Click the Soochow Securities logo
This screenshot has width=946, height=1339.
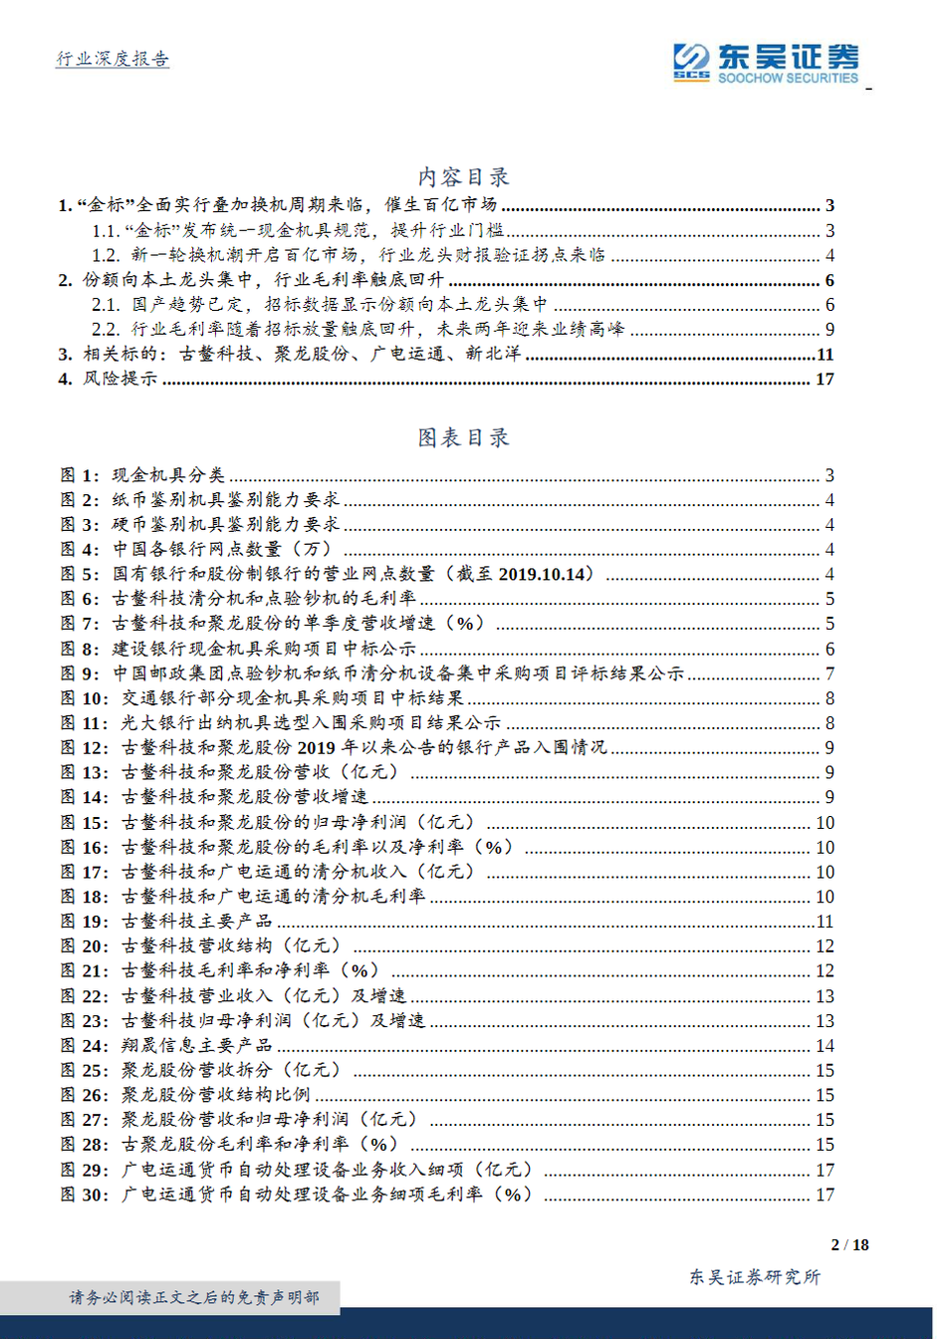(765, 62)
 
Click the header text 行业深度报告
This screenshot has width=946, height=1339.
(113, 59)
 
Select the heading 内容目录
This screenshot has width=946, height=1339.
(463, 177)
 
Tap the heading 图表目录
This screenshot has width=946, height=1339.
(463, 437)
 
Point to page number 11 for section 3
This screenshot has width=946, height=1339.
(825, 355)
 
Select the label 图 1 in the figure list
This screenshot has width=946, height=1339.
(80, 475)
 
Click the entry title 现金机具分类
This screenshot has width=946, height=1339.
(168, 475)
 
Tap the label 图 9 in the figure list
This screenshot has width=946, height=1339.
(80, 673)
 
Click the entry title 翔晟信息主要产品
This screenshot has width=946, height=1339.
(197, 1045)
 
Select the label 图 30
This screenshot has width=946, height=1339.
(85, 1194)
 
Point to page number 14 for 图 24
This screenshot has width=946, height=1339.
(825, 1046)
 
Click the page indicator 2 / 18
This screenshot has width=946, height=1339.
(849, 1244)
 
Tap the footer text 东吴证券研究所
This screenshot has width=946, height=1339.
(755, 1277)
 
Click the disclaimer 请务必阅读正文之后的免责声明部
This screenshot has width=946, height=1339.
(194, 1297)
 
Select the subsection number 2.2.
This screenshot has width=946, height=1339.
(106, 330)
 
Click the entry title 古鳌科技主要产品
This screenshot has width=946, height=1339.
(197, 922)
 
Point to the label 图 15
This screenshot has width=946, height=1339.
(85, 822)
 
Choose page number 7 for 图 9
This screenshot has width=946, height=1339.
(829, 673)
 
